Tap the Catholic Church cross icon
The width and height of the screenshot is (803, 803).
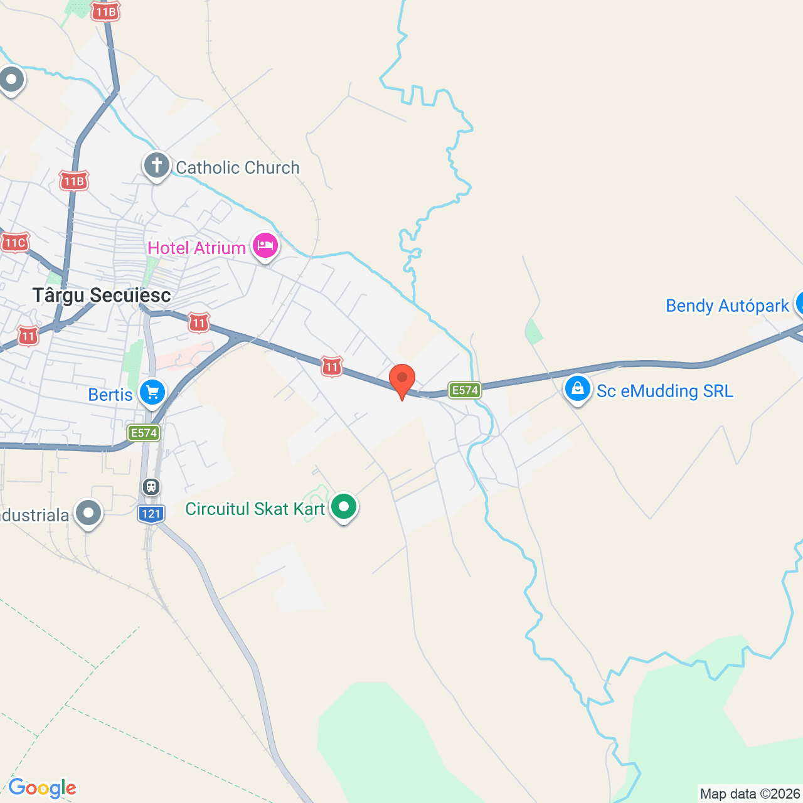[156, 166]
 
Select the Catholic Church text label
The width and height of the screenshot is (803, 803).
[238, 168]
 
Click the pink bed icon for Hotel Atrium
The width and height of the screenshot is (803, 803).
[265, 246]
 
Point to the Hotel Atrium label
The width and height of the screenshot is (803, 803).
[197, 248]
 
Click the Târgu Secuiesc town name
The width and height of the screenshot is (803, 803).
[102, 295]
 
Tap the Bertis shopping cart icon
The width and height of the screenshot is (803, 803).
[152, 393]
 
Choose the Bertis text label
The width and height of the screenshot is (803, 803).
[110, 395]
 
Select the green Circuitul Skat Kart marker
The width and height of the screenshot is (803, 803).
[343, 507]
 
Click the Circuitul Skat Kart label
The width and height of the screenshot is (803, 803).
[255, 509]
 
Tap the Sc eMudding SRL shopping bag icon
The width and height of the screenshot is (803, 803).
[577, 389]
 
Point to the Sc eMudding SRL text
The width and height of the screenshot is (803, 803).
[664, 391]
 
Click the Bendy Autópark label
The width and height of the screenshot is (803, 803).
[727, 306]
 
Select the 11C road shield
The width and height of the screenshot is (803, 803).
[15, 243]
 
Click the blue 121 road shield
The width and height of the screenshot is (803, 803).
[151, 514]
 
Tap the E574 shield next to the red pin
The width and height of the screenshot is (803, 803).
[464, 390]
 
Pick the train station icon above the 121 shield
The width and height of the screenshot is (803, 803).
[151, 486]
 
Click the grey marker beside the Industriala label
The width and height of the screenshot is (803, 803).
[88, 513]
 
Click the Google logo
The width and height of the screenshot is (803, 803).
[42, 788]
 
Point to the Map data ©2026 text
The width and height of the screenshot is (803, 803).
[750, 794]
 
